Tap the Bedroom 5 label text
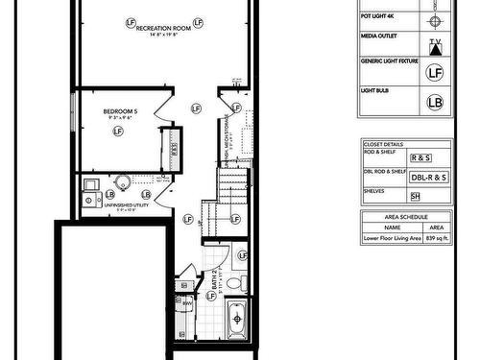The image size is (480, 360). [x=121, y=112]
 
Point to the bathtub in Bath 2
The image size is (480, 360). [x=236, y=318]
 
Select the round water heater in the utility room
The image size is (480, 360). [x=123, y=183]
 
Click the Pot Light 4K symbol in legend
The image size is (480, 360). [x=435, y=20]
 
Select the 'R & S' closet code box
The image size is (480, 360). [x=420, y=157]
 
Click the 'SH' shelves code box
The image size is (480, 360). [x=416, y=197]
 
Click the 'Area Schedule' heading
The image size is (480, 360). [x=405, y=218]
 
